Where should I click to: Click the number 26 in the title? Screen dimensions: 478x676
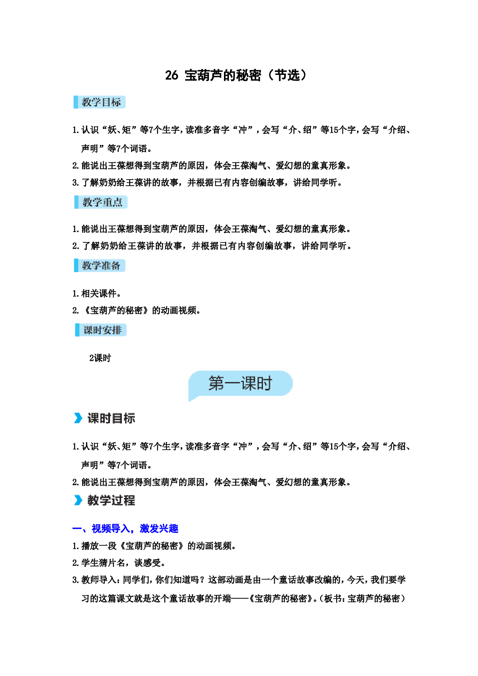pyautogui.click(x=172, y=75)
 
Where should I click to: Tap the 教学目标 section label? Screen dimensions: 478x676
pyautogui.click(x=101, y=102)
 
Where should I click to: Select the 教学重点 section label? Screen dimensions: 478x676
pyautogui.click(x=102, y=202)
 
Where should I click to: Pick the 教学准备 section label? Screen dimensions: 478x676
pyautogui.click(x=101, y=266)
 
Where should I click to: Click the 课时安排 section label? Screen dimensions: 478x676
pyautogui.click(x=103, y=330)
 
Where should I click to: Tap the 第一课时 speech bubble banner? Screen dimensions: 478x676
pyautogui.click(x=240, y=383)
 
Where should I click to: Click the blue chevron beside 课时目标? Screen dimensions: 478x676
pyautogui.click(x=78, y=418)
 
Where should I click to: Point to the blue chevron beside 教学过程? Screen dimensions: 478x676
pyautogui.click(x=78, y=500)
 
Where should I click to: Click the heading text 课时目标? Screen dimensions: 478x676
pyautogui.click(x=111, y=418)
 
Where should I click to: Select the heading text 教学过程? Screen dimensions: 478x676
pyautogui.click(x=111, y=500)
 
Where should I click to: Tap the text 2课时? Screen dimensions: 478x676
pyautogui.click(x=100, y=358)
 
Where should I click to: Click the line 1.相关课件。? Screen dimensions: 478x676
pyautogui.click(x=96, y=294)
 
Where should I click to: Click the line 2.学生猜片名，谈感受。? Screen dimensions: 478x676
pyautogui.click(x=119, y=563)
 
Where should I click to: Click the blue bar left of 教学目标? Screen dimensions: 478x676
pyautogui.click(x=76, y=102)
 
